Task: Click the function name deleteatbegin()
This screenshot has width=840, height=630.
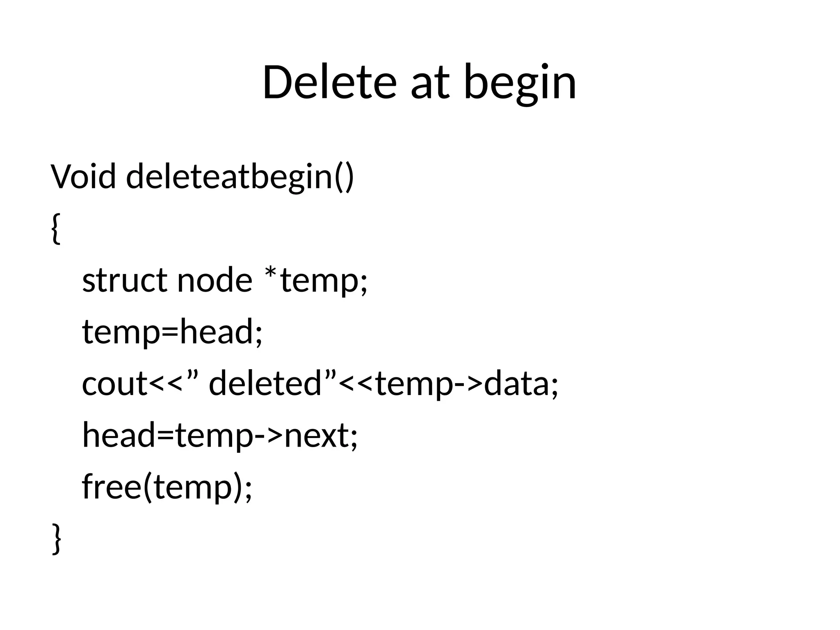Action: coord(240,178)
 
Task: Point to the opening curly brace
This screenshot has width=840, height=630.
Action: coord(57,228)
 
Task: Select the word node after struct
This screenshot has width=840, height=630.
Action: coord(214,280)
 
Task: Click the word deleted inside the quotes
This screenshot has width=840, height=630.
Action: coord(265,383)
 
